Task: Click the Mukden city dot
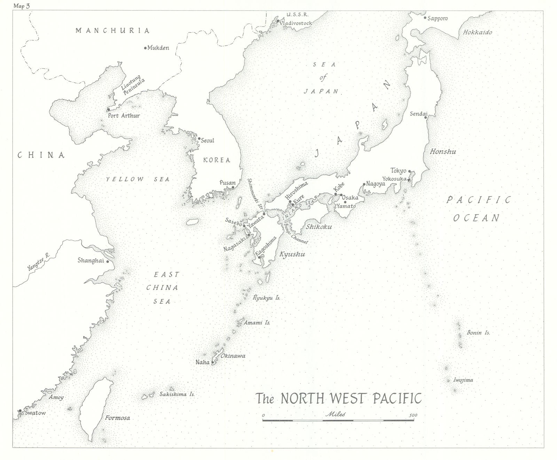tap(146, 48)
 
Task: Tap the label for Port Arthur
tap(124, 115)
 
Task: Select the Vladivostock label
tap(297, 23)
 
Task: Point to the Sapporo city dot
tap(425, 18)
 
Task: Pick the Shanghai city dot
tap(108, 261)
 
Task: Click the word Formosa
tap(118, 418)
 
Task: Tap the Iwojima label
tap(463, 380)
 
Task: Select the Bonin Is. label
tap(478, 333)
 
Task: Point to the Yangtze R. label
tap(39, 262)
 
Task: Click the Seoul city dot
tap(199, 138)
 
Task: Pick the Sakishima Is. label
tap(177, 395)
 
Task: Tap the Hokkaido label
tap(477, 32)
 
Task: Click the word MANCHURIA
tap(113, 31)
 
